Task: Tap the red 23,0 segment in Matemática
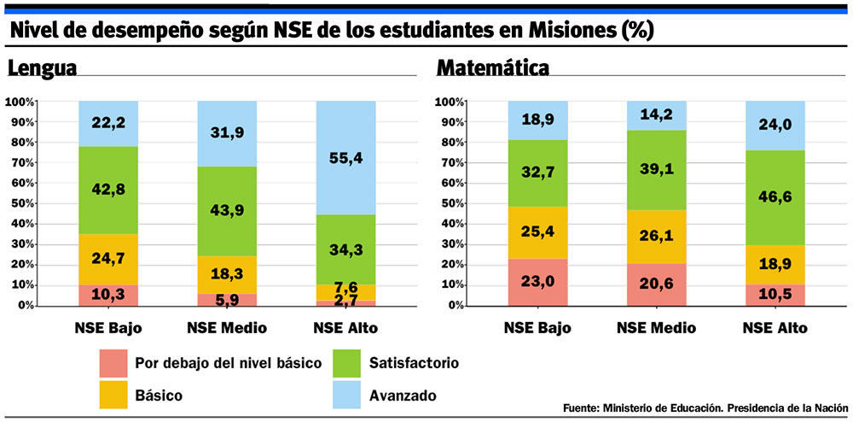[537, 282]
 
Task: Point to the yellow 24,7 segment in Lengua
[108, 259]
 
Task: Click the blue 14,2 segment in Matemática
[656, 115]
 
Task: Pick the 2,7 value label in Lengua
[345, 300]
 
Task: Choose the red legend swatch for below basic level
[113, 362]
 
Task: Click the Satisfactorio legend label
[415, 363]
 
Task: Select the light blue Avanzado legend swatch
[346, 395]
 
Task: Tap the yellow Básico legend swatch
[113, 395]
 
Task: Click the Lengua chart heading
[43, 68]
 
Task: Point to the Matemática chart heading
[492, 68]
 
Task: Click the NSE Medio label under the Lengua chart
[227, 328]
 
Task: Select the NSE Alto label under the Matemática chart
[775, 328]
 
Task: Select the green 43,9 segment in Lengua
[227, 210]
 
